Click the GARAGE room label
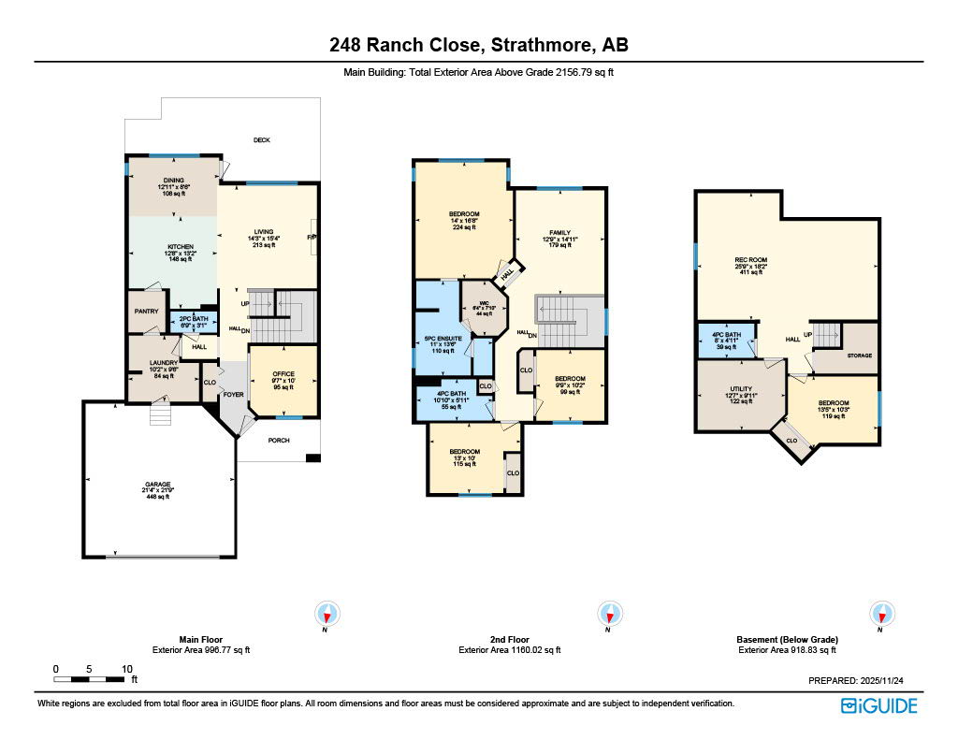tap(157, 485)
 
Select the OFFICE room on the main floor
tap(283, 374)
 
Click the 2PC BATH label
tap(193, 319)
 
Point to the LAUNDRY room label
tap(164, 363)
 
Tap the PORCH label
tap(279, 441)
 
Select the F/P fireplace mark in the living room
tap(312, 238)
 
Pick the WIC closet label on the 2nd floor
tap(484, 302)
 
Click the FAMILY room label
tap(559, 232)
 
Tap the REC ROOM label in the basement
tap(750, 260)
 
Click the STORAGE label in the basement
tap(860, 355)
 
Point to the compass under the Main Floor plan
tap(327, 615)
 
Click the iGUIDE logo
tap(878, 705)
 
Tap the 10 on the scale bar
tap(126, 669)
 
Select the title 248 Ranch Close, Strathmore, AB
tap(479, 45)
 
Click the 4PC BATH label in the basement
tap(726, 334)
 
